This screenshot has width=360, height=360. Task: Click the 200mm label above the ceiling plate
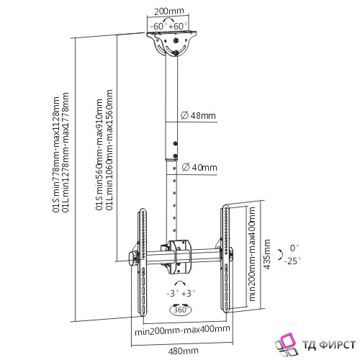pos(168,12)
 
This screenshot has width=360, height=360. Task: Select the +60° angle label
pos(178,26)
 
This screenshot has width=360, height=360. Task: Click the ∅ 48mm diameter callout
pos(198,116)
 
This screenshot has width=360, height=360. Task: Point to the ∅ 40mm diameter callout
pos(199,167)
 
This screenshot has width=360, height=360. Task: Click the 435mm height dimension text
pos(267,254)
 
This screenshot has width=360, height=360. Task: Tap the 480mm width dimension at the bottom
pos(183,351)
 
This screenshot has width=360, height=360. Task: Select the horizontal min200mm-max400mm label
pos(182,330)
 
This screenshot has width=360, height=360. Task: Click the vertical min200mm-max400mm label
pos(252,254)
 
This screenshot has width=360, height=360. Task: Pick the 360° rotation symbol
pos(181,310)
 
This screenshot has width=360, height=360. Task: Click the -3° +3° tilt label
pos(181,293)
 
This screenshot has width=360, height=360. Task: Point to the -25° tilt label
pos(292,261)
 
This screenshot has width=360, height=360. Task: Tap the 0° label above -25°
pos(294,248)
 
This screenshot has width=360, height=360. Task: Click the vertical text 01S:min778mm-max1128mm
pos(56,154)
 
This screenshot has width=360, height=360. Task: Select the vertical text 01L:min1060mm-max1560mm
pos(109,150)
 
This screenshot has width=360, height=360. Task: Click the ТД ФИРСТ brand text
pos(329,345)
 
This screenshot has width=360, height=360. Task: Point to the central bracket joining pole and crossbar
pos(179,257)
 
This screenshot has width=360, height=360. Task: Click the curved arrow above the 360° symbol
pos(180,282)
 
